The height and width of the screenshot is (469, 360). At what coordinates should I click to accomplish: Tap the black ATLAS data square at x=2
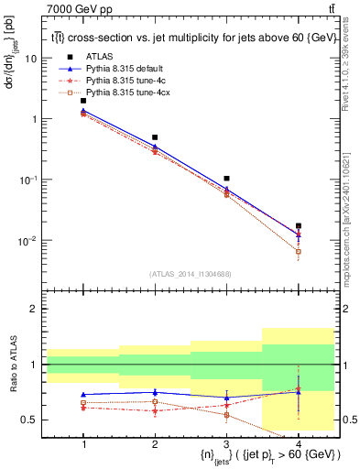(155, 137)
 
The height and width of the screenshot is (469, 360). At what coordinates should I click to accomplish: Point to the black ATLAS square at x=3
(226, 179)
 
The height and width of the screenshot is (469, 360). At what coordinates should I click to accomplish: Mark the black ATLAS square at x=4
(298, 225)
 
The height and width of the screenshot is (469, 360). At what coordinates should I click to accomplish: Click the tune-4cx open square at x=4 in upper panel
(298, 251)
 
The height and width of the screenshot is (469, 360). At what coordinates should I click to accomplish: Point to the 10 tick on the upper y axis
(33, 59)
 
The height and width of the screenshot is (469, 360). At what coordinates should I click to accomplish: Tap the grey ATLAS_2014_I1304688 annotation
(191, 274)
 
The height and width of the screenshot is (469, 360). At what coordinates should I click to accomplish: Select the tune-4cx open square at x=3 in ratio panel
(226, 415)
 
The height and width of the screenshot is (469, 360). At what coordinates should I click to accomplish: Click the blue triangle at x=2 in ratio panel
(155, 392)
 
